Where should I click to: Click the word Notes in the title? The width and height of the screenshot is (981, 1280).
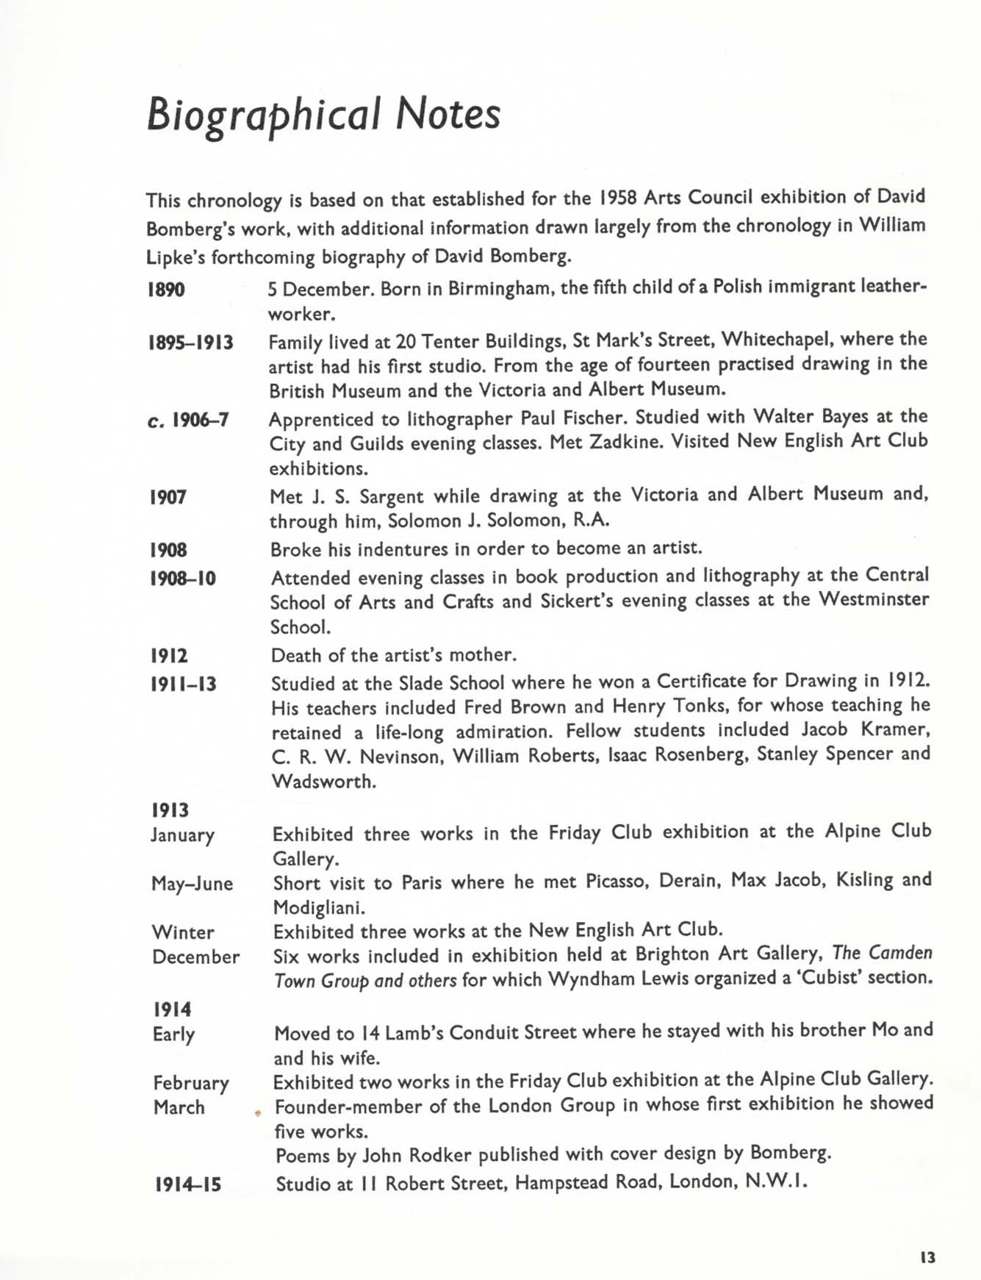click(x=448, y=115)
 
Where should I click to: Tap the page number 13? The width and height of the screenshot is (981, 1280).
click(x=927, y=1257)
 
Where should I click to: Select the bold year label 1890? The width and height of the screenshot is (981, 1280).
click(x=166, y=290)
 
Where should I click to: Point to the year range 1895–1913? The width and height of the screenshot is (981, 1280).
click(x=191, y=343)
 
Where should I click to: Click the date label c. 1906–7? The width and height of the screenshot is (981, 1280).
click(x=189, y=421)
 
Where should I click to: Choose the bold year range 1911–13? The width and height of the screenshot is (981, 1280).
click(x=184, y=684)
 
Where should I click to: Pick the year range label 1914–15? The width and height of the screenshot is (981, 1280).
click(x=188, y=1184)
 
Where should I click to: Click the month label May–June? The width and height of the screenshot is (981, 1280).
click(x=192, y=883)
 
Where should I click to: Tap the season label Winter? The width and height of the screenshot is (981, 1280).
click(x=183, y=932)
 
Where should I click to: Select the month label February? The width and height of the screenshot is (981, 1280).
click(x=191, y=1083)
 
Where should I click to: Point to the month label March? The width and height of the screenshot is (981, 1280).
click(x=179, y=1107)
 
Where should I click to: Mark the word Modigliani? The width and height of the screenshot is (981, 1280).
click(x=318, y=908)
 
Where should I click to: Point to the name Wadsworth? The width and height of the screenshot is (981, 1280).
click(x=323, y=782)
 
